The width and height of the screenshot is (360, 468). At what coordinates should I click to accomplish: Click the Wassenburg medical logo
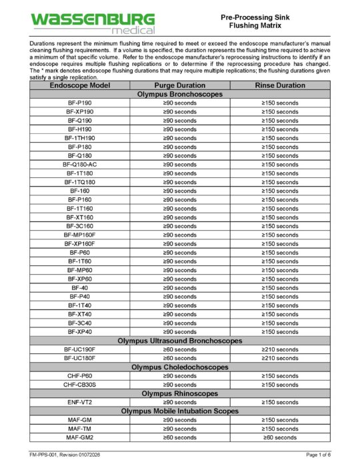tap(93, 23)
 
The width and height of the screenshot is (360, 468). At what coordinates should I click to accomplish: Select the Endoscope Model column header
tap(80, 86)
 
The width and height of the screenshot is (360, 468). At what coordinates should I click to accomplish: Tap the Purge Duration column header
tap(179, 86)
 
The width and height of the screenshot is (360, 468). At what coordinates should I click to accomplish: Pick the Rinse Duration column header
tap(280, 86)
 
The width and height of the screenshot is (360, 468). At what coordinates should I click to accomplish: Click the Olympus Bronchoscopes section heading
tap(180, 95)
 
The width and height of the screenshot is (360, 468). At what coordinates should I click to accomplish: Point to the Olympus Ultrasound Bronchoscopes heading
tap(180, 341)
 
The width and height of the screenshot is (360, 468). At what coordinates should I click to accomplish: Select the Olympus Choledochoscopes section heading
tap(180, 367)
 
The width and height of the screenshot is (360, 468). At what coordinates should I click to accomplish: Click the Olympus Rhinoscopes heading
tap(180, 393)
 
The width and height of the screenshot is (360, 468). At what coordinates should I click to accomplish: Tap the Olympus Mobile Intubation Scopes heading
tap(180, 411)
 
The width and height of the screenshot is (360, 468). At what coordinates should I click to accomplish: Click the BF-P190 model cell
tap(80, 103)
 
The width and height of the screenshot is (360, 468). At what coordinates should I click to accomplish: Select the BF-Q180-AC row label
tap(80, 165)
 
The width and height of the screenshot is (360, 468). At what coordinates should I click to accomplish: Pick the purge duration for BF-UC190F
tap(179, 349)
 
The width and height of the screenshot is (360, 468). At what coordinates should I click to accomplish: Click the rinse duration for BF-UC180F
tap(280, 358)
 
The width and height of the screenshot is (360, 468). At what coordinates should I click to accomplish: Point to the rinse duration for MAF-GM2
tap(280, 437)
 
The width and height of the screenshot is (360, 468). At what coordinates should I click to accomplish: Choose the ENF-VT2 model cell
tap(80, 403)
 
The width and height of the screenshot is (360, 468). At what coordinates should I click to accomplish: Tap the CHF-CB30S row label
tap(80, 385)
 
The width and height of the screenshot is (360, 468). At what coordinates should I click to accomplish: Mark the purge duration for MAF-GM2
tap(179, 437)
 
